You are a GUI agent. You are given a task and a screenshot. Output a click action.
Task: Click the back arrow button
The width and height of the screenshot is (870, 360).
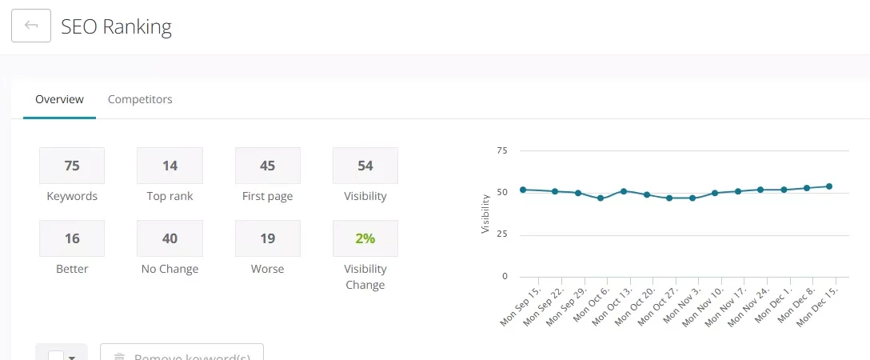31,26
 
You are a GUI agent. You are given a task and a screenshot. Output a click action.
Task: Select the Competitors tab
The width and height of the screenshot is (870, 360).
140,99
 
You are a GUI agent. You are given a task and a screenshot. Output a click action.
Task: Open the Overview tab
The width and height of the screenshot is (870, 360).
59,99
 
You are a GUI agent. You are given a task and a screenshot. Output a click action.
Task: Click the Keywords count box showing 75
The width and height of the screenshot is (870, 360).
72,166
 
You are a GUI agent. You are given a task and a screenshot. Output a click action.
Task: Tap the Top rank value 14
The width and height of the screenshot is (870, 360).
170,166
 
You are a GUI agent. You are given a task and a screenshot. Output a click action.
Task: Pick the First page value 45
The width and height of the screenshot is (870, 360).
267,166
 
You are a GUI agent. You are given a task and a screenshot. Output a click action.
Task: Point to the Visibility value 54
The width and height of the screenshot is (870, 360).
365,166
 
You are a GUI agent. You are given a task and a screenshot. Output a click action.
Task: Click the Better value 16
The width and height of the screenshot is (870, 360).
72,238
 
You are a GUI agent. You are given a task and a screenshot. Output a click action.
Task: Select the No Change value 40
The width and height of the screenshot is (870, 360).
170,238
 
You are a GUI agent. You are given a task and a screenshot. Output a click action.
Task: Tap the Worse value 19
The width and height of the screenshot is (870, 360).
267,238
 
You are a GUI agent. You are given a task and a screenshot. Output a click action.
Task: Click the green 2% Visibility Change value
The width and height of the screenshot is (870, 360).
365,238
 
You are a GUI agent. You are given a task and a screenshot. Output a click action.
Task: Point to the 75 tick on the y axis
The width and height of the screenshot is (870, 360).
502,150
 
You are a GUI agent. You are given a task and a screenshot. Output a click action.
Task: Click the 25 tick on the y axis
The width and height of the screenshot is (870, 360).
502,234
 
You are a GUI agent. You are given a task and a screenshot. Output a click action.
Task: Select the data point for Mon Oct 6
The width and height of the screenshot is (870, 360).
601,198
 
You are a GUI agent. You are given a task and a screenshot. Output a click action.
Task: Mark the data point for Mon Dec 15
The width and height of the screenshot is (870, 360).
828,186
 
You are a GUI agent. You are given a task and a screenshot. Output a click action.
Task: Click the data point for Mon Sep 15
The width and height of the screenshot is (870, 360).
523,190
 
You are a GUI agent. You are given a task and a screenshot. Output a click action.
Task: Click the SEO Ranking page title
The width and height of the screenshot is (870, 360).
117,26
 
